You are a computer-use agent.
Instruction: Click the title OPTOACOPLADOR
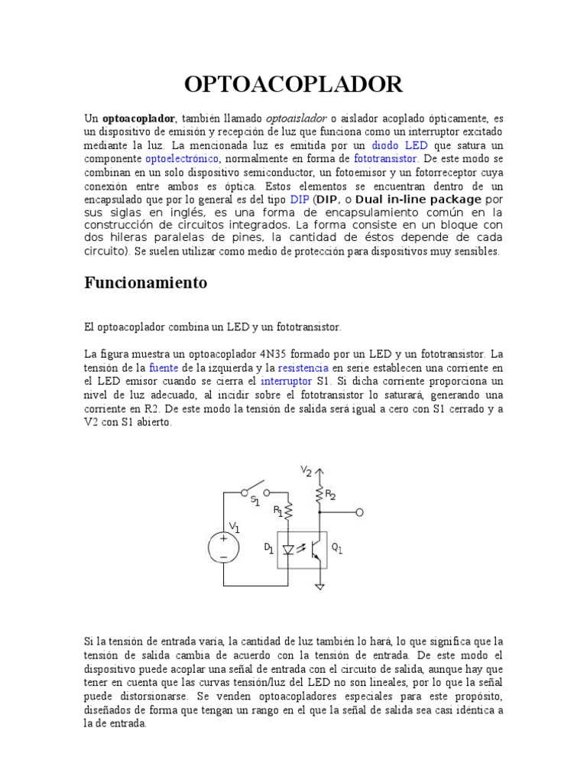point(293,83)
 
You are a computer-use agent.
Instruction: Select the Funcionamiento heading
point(145,283)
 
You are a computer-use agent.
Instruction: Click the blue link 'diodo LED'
point(400,145)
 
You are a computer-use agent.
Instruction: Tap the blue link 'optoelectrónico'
point(182,159)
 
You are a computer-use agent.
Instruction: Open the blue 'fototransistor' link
point(386,159)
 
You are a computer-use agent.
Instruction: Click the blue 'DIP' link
point(299,199)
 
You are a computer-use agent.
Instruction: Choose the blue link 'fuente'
point(163,368)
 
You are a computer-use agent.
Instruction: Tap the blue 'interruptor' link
point(286,382)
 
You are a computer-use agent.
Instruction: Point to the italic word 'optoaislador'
point(296,119)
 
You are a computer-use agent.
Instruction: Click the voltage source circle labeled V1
point(224,547)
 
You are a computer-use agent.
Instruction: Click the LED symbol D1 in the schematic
point(288,549)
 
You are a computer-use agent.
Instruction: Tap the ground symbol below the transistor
point(319,587)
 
